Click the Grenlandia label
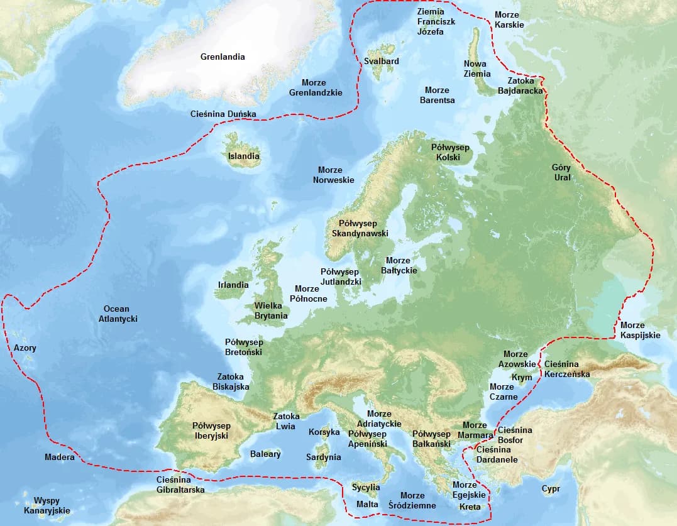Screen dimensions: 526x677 click(x=223, y=57)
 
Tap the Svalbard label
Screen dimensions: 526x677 click(x=381, y=61)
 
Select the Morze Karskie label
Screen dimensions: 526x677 click(x=509, y=19)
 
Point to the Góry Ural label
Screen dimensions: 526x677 click(x=561, y=172)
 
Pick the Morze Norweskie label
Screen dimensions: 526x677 click(x=334, y=175)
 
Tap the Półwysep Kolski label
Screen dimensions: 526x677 click(x=450, y=152)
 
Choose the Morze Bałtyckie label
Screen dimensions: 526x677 click(x=399, y=265)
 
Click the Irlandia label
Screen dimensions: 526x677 click(x=233, y=285)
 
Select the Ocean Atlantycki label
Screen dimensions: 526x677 click(x=118, y=314)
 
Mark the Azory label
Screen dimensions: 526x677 click(x=25, y=348)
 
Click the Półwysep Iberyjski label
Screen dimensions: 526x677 click(x=211, y=430)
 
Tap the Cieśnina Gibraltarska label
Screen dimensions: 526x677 click(x=180, y=485)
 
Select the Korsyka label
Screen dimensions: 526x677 click(x=324, y=432)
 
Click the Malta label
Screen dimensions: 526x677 click(x=367, y=505)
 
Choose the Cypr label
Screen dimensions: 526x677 click(x=551, y=488)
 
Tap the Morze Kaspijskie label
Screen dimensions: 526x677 click(x=640, y=330)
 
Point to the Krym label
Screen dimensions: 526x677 click(x=522, y=378)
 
